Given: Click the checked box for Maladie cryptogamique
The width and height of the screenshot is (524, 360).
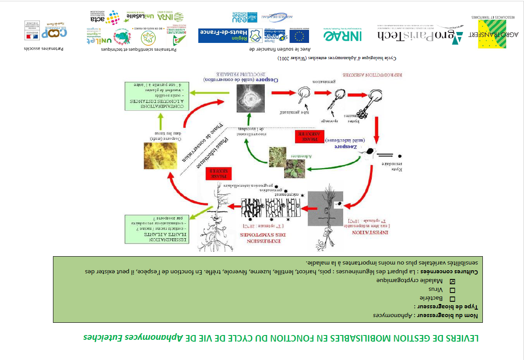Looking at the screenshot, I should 452,281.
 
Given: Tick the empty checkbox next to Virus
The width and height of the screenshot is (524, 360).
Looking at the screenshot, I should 452,290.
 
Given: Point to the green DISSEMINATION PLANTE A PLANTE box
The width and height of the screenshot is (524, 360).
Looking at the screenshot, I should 157,229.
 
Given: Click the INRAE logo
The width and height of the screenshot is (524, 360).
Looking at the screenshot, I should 342,35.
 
